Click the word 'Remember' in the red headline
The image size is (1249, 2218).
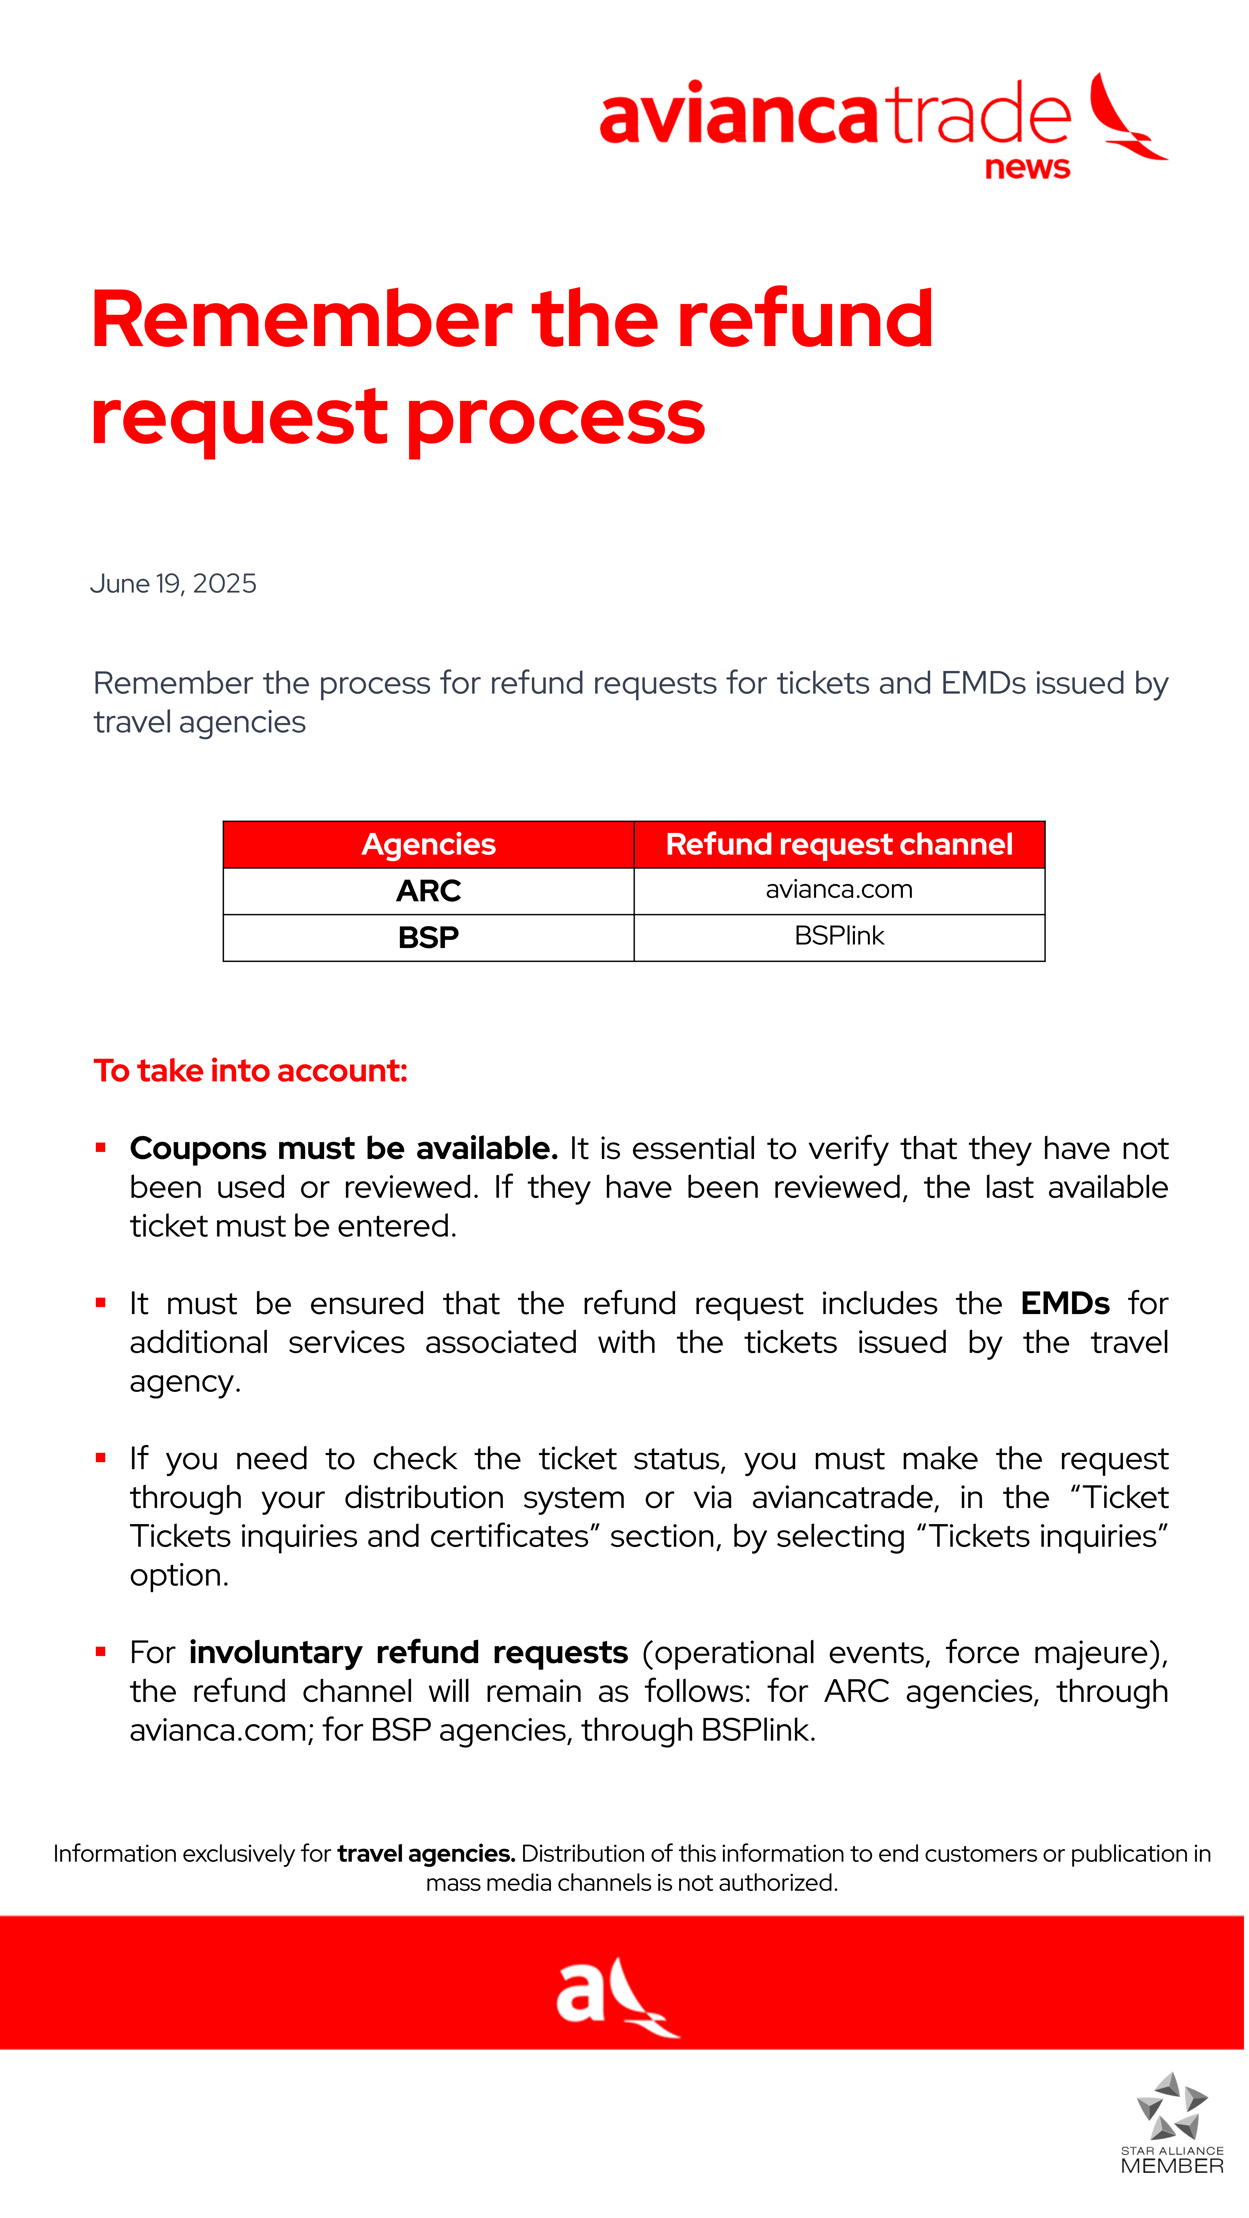pos(302,320)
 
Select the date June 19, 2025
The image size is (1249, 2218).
pos(173,584)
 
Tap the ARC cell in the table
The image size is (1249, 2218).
pos(428,890)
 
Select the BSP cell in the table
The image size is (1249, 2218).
pos(428,937)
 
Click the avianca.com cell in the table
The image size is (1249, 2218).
pos(839,890)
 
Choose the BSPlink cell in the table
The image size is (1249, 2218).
pos(839,936)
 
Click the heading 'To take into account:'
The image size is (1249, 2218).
pos(250,1070)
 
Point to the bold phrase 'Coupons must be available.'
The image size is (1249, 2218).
pos(344,1149)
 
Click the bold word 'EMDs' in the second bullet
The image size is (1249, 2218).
pos(1065,1303)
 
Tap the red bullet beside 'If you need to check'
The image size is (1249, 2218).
pos(101,1458)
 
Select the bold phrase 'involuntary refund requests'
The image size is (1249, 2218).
pos(408,1652)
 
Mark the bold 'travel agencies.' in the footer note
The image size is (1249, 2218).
pos(426,1854)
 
